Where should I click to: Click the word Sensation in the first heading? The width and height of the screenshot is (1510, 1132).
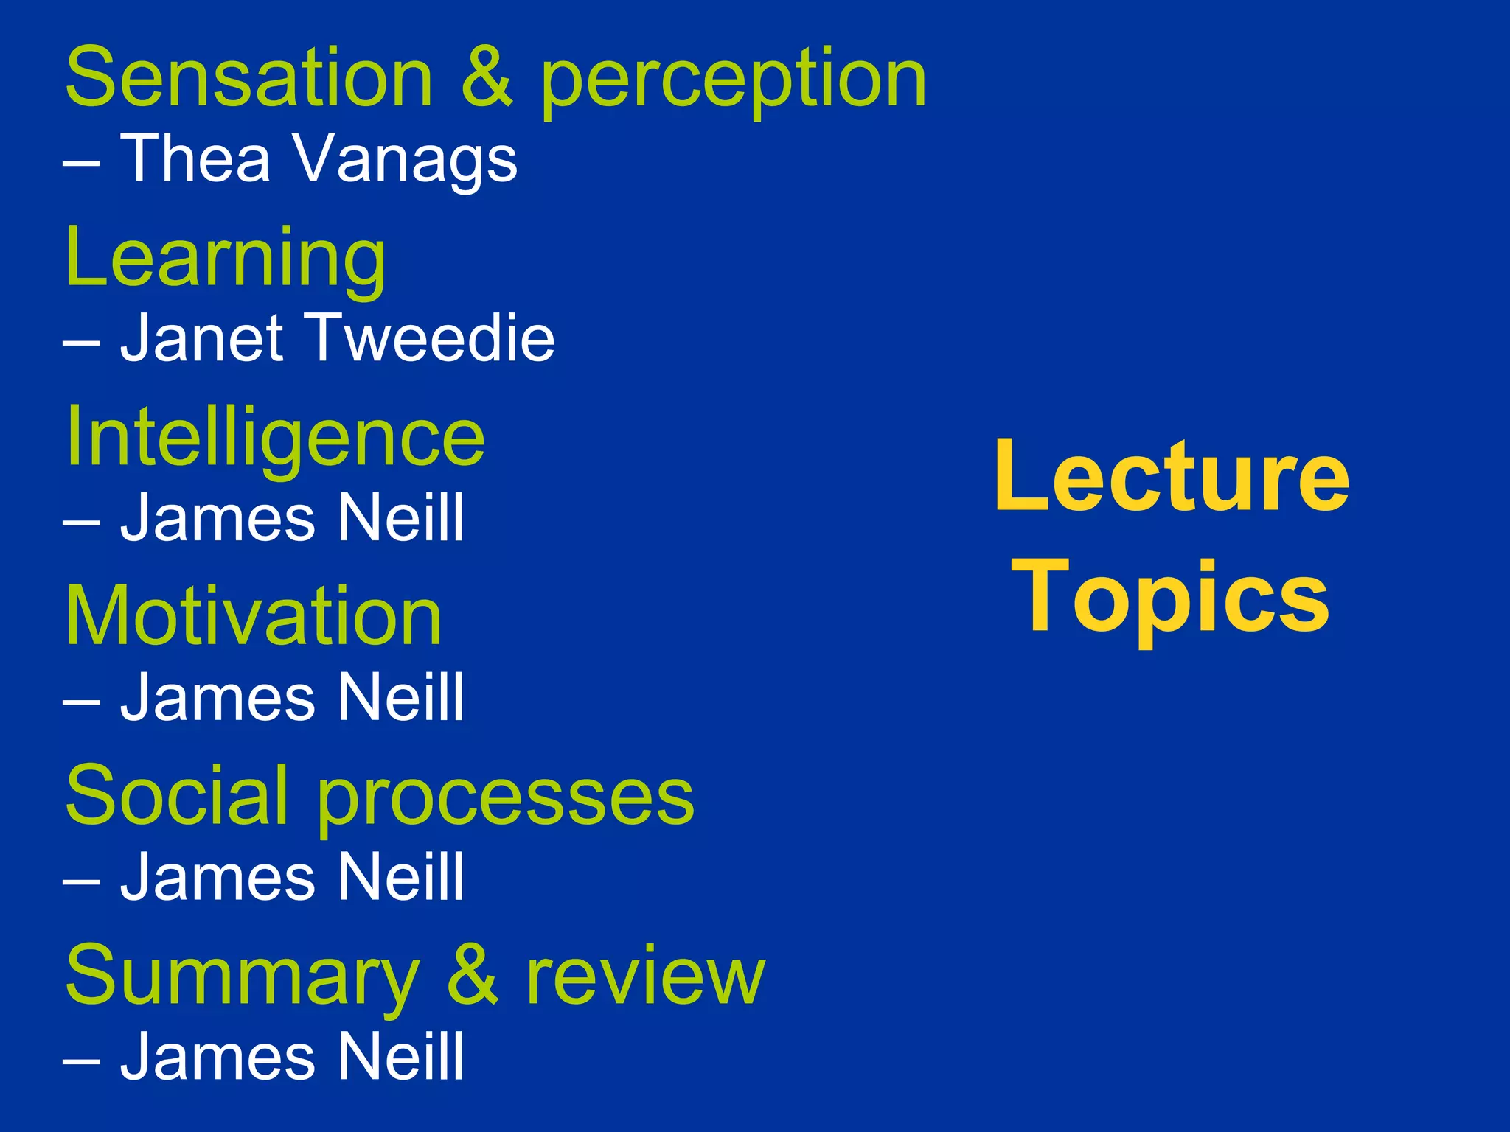click(249, 78)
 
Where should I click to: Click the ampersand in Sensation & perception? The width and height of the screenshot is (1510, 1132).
click(487, 78)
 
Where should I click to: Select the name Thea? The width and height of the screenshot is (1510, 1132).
click(195, 158)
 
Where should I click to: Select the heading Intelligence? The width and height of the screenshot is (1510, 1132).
click(275, 438)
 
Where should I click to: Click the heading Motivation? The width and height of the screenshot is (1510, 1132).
click(254, 616)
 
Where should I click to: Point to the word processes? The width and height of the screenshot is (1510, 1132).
click(506, 799)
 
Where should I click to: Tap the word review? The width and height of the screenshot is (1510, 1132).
click(645, 976)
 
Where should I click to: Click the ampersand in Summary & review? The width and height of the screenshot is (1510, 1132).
click(473, 976)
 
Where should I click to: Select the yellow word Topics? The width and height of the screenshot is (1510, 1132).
click(1172, 597)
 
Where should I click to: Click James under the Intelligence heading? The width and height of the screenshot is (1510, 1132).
click(219, 518)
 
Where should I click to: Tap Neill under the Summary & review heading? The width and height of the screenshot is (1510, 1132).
click(401, 1056)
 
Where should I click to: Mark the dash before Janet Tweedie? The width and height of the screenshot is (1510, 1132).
click(81, 340)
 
